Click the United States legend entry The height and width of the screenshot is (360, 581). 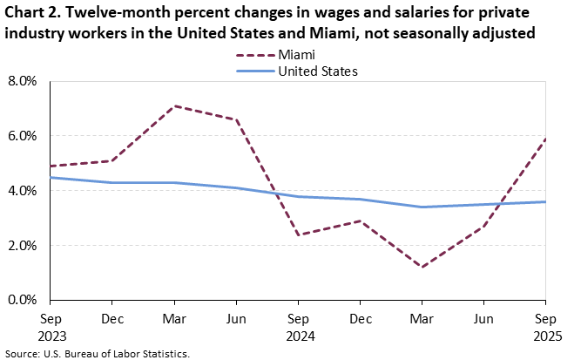pyautogui.click(x=317, y=71)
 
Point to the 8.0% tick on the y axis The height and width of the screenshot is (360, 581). pyautogui.click(x=23, y=81)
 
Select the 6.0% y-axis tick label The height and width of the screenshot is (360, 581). pyautogui.click(x=23, y=136)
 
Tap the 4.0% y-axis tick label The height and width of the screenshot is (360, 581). pyautogui.click(x=23, y=191)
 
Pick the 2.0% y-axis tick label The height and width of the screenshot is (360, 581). pyautogui.click(x=23, y=246)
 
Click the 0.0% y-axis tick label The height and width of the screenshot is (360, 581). pyautogui.click(x=23, y=300)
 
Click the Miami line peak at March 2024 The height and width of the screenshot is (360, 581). pyautogui.click(x=175, y=106)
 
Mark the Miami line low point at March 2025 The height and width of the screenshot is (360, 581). pyautogui.click(x=422, y=267)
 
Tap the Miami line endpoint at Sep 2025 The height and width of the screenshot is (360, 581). pyautogui.click(x=546, y=139)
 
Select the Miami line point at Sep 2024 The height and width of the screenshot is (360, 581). pyautogui.click(x=299, y=234)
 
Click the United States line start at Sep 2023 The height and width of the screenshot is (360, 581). pyautogui.click(x=51, y=177)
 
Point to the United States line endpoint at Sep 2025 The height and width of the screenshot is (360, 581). pyautogui.click(x=546, y=201)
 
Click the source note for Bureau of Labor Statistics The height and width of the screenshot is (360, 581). pyautogui.click(x=97, y=353)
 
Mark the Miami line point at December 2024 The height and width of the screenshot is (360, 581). pyautogui.click(x=361, y=221)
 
